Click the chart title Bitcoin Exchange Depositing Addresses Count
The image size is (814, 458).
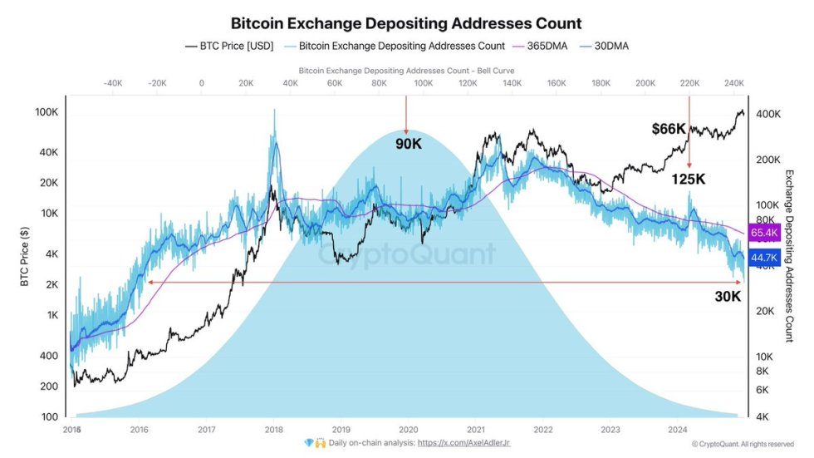point(406,23)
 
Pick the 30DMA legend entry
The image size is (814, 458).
point(610,47)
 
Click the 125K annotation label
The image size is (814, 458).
point(689,179)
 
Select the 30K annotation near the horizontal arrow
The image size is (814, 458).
point(727,296)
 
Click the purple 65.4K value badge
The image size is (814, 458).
point(763,234)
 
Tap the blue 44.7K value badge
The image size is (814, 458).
point(763,258)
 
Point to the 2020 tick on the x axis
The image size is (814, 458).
point(408,429)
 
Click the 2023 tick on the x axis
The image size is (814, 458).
point(610,429)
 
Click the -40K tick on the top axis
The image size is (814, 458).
point(113,83)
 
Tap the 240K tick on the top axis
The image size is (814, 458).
point(733,83)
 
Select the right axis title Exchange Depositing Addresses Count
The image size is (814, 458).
point(790,256)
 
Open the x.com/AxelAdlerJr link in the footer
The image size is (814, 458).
point(463,443)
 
